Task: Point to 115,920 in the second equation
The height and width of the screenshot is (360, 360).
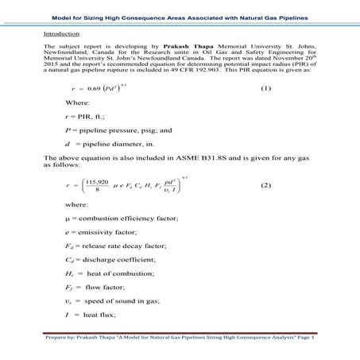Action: pyautogui.click(x=97, y=181)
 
